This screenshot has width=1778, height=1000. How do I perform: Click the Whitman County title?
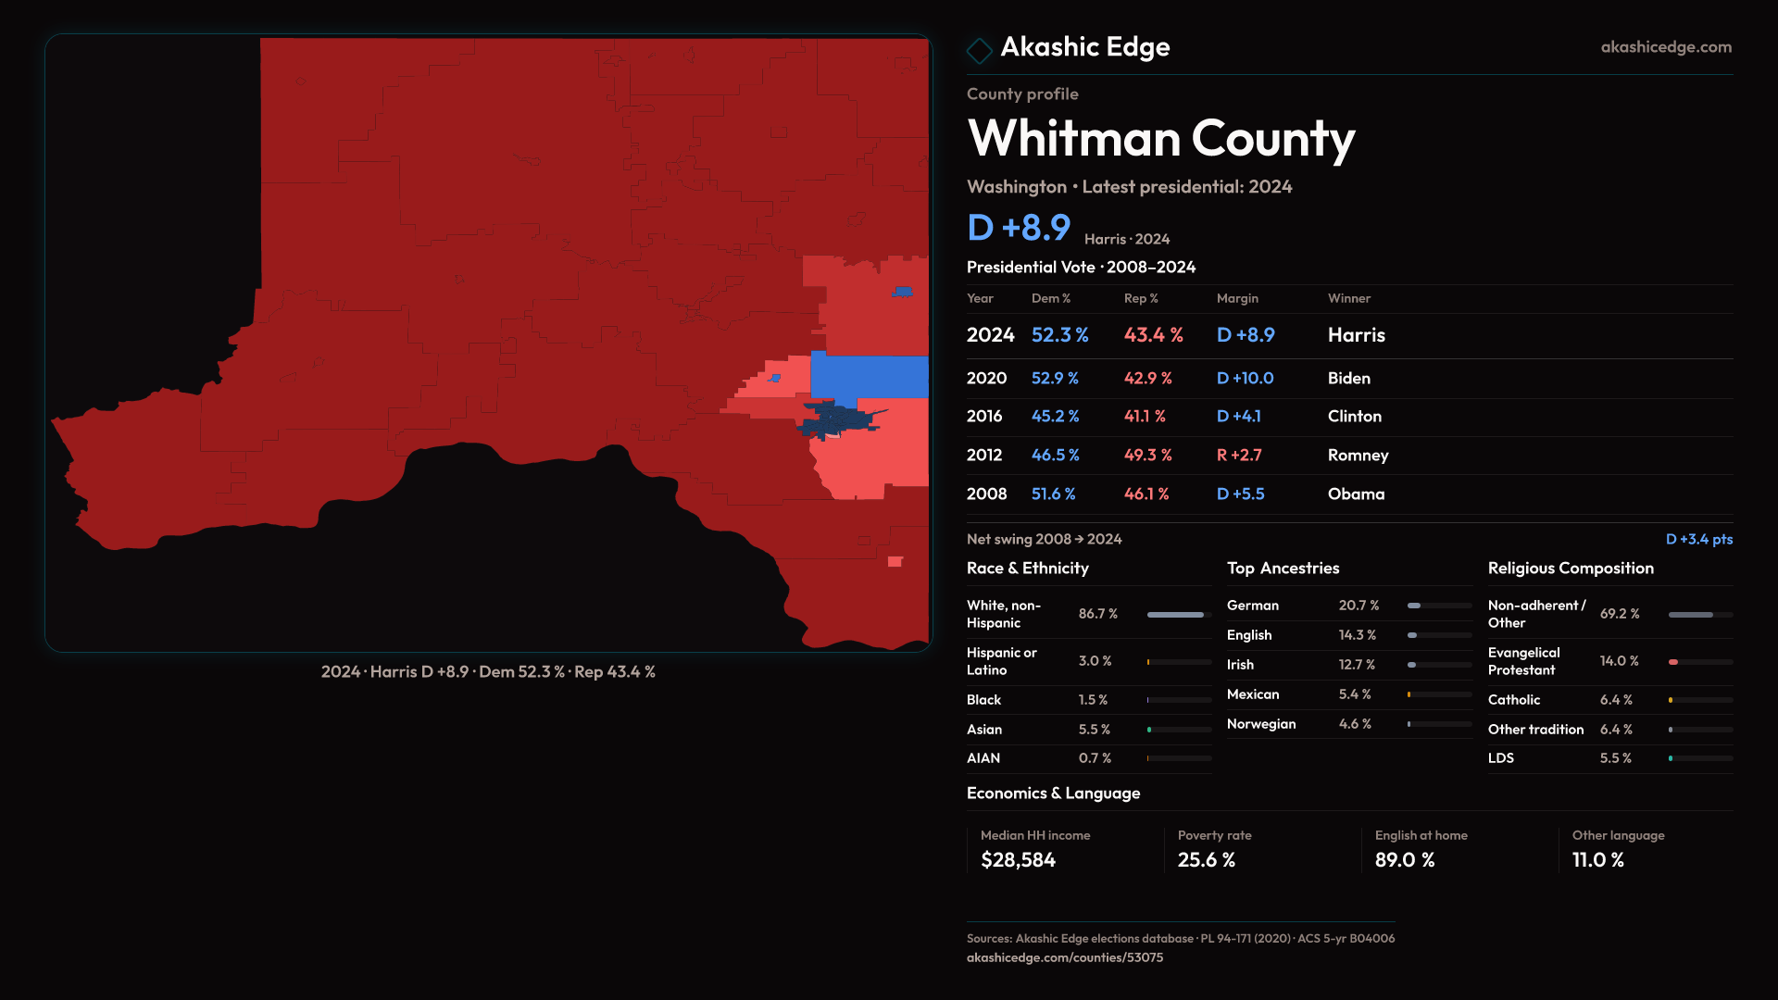1160,139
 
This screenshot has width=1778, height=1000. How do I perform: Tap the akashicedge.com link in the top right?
1665,47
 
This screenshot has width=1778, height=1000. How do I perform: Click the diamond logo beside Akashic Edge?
979,50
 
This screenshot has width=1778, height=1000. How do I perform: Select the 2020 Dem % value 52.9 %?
1055,378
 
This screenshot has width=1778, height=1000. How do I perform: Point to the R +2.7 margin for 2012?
1238,455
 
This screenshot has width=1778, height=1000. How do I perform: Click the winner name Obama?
1356,494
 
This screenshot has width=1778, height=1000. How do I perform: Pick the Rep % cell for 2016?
1145,417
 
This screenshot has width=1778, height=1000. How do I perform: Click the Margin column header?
1237,298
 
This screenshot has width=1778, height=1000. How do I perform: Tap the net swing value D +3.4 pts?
1698,539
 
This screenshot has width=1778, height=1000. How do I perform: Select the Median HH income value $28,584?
1018,860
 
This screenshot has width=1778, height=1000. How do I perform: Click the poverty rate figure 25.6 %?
1206,860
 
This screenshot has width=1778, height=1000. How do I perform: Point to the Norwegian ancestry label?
1261,724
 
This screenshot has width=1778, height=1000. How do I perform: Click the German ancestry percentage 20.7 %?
1359,606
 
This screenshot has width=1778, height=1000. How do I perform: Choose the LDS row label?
1500,758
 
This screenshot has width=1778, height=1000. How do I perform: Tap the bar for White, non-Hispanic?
1175,615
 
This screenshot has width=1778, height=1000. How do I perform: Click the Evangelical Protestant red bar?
1673,662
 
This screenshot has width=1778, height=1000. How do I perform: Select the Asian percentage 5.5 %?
1094,730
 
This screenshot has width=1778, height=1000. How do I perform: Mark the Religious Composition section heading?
1570,569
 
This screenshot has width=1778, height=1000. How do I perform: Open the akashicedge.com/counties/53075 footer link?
1064,957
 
